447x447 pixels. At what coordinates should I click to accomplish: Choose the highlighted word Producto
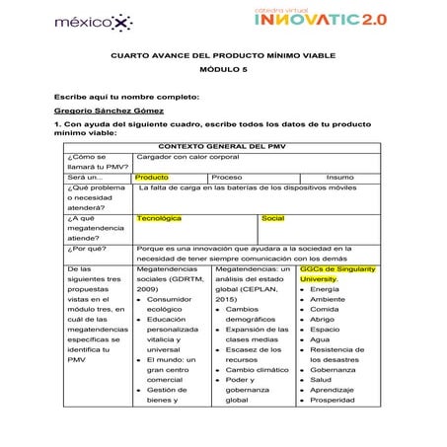coord(151,177)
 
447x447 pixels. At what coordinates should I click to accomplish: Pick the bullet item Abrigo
coord(323,320)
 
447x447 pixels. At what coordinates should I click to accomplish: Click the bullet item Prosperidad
coord(333,400)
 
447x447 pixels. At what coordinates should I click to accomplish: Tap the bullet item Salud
coord(320,379)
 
